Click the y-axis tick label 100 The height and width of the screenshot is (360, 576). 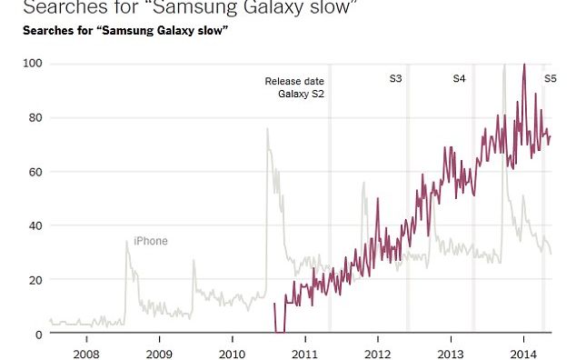pyautogui.click(x=33, y=64)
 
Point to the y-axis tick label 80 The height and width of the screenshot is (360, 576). pyautogui.click(x=35, y=117)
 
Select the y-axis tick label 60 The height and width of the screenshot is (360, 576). pyautogui.click(x=35, y=172)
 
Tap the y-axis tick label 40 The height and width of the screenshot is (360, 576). pyautogui.click(x=35, y=225)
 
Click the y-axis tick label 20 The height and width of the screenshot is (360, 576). pyautogui.click(x=35, y=280)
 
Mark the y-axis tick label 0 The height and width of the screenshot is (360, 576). pyautogui.click(x=38, y=334)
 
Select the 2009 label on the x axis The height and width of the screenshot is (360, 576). pyautogui.click(x=158, y=353)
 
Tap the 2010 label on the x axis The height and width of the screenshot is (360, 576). pyautogui.click(x=232, y=353)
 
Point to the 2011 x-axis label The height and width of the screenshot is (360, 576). pyautogui.click(x=304, y=353)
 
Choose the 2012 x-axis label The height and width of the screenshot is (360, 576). pyautogui.click(x=378, y=353)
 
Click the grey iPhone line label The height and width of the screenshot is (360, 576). pyautogui.click(x=151, y=241)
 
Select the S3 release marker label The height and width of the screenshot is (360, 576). pyautogui.click(x=396, y=80)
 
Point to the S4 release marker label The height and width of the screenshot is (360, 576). pyautogui.click(x=460, y=80)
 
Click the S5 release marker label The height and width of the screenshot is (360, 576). pyautogui.click(x=550, y=80)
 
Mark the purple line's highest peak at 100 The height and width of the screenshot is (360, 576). pyautogui.click(x=523, y=65)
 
